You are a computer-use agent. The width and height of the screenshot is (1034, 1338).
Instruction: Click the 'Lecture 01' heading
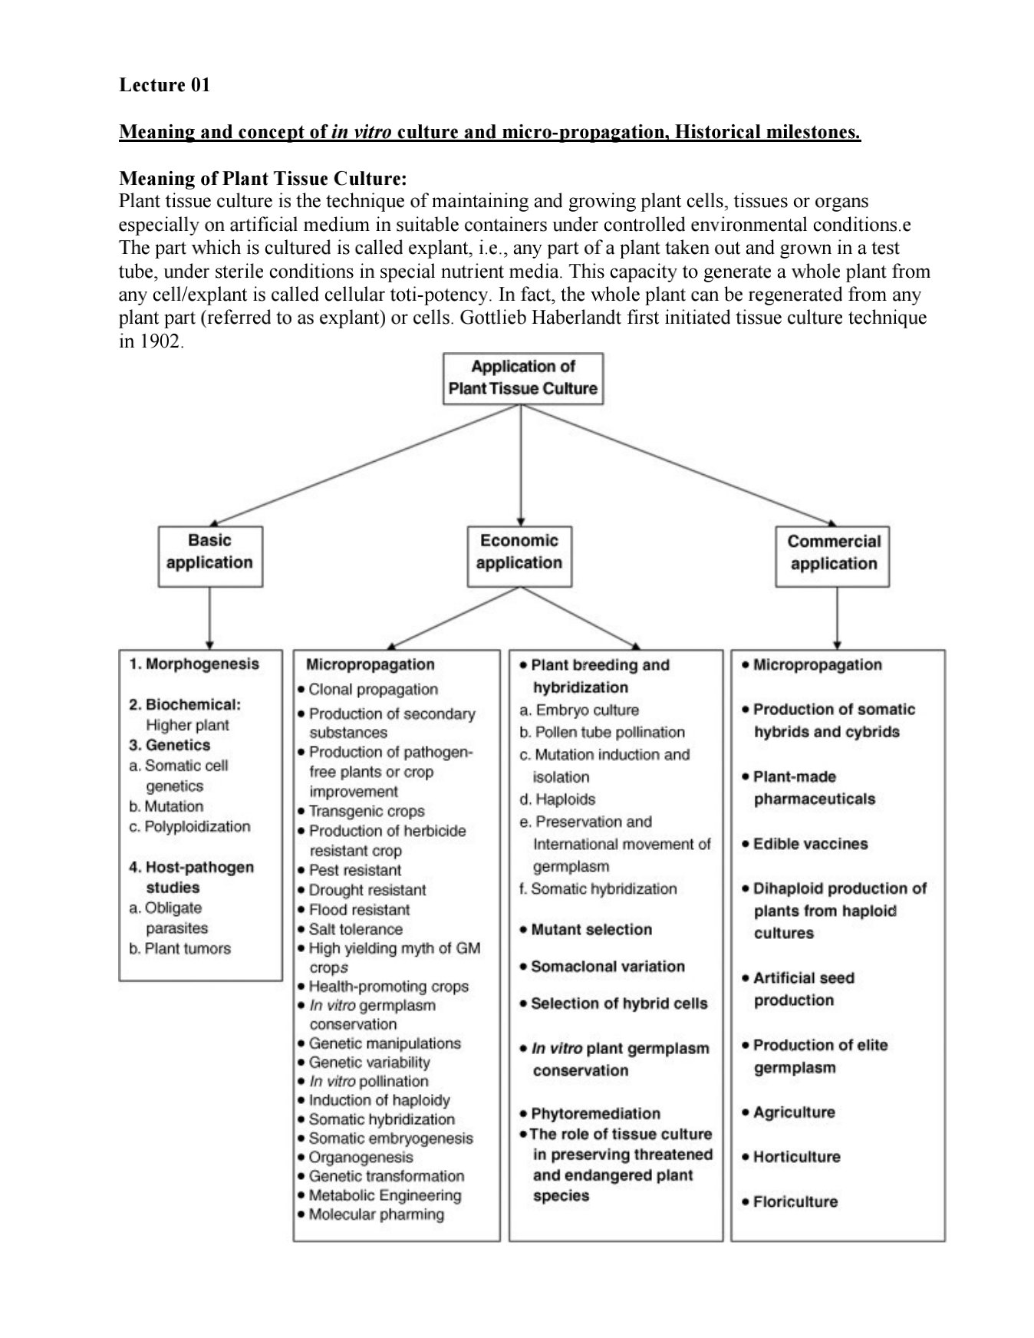(164, 85)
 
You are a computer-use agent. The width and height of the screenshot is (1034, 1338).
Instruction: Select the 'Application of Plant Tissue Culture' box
(522, 378)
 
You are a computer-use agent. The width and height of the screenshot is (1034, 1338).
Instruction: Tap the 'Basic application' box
(209, 555)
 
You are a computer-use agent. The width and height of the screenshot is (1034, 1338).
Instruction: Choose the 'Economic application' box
(519, 555)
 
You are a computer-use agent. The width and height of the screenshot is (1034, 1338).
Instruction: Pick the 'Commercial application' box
(833, 556)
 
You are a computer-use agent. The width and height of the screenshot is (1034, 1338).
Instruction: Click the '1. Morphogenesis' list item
(194, 664)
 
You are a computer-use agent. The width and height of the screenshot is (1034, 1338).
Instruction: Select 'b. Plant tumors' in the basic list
(180, 949)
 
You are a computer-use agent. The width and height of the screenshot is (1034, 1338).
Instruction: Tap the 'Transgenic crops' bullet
(367, 812)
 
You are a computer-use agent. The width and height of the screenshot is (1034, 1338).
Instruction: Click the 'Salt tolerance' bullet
(355, 929)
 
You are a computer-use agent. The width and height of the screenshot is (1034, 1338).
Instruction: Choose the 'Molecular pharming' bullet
(376, 1214)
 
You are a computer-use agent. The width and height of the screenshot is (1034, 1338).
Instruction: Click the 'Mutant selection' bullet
(591, 930)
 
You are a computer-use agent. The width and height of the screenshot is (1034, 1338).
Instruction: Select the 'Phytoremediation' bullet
(594, 1114)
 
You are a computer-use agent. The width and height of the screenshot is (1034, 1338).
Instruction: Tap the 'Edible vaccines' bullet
(810, 844)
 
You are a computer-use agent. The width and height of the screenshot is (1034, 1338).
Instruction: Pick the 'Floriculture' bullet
(795, 1202)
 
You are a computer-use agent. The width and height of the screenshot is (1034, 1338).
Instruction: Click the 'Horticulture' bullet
(796, 1157)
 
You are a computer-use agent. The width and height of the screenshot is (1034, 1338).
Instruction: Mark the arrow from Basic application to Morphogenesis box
(209, 618)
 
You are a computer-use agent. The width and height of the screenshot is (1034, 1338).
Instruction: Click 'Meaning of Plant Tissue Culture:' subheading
(262, 179)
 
